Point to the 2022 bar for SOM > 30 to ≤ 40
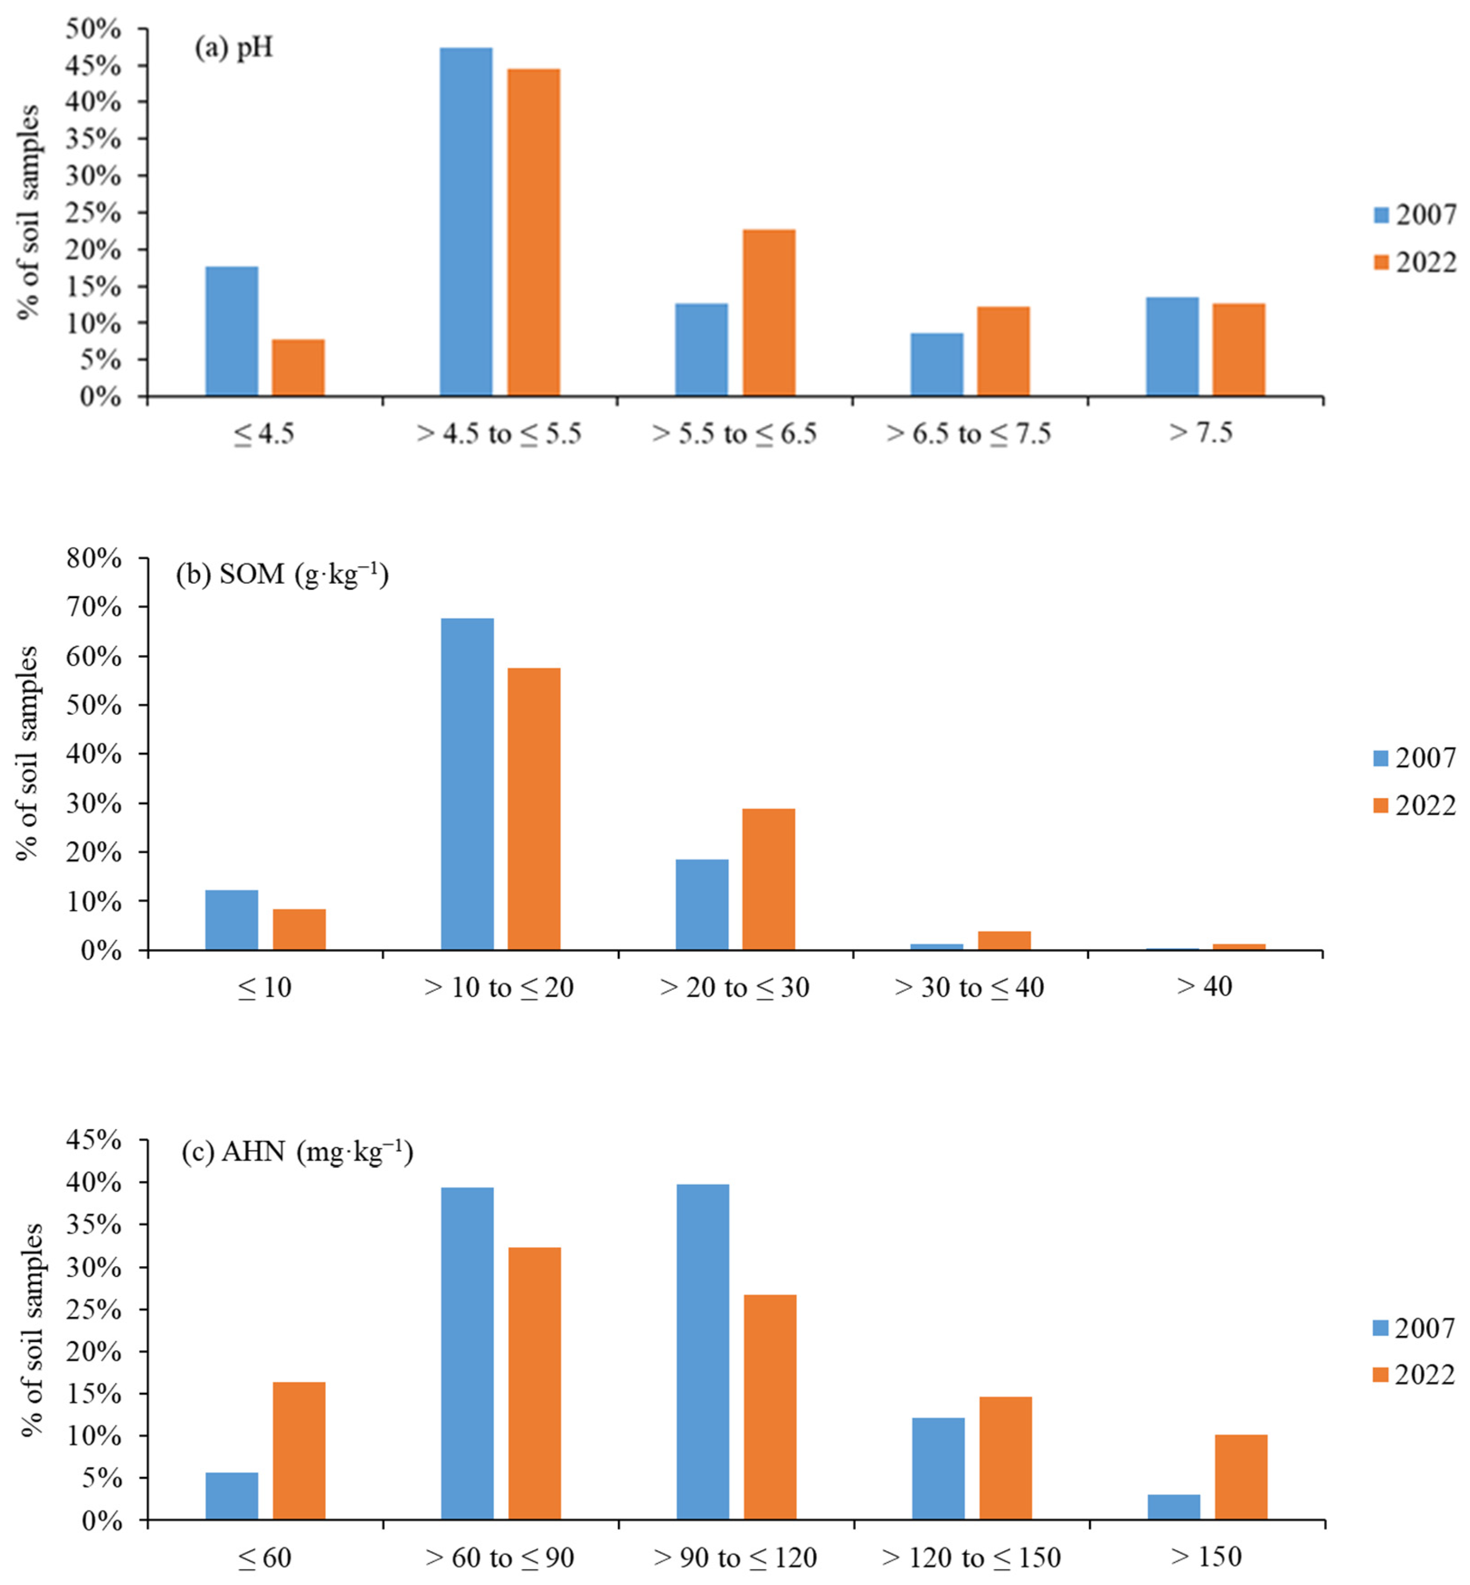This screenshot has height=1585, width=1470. pyautogui.click(x=1004, y=940)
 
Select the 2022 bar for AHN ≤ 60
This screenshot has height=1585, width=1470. pyautogui.click(x=299, y=1451)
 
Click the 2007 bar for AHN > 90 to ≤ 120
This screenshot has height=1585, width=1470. pyautogui.click(x=702, y=1352)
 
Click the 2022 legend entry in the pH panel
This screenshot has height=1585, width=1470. pyautogui.click(x=1415, y=262)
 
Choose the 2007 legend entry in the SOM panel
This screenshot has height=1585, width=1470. pyautogui.click(x=1415, y=758)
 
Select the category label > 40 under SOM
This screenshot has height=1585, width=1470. pyautogui.click(x=1204, y=987)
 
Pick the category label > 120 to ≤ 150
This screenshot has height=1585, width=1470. pyautogui.click(x=971, y=1557)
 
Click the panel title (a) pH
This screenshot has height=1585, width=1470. pyautogui.click(x=234, y=48)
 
